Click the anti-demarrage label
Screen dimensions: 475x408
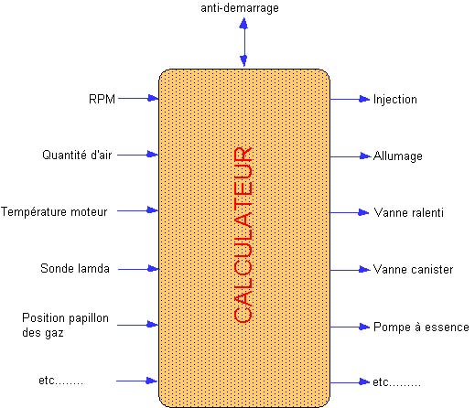click(240, 8)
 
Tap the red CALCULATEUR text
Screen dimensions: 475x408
click(243, 235)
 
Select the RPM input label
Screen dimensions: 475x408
click(102, 99)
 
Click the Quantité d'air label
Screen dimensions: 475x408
click(77, 155)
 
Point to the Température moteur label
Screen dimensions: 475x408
click(54, 211)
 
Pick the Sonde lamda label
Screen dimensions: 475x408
click(75, 268)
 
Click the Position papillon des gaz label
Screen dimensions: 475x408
click(65, 325)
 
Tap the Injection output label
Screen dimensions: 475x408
click(395, 100)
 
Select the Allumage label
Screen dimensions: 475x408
click(398, 156)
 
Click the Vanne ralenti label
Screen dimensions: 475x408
click(408, 212)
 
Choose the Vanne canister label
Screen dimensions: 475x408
click(413, 270)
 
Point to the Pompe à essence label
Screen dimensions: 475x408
click(421, 327)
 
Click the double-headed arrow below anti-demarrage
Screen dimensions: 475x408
click(243, 42)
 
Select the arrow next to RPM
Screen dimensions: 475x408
click(138, 98)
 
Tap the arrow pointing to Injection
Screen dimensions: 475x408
click(350, 99)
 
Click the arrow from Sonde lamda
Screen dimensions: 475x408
click(138, 269)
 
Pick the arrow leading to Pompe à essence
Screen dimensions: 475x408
click(350, 327)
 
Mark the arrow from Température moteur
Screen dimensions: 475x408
click(137, 210)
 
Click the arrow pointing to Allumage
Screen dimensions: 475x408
click(350, 156)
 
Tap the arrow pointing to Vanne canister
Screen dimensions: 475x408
click(350, 270)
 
